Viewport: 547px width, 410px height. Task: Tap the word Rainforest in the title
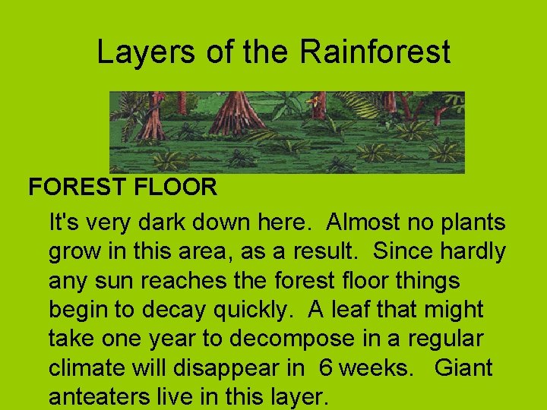tap(375, 52)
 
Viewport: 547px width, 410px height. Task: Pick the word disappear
tap(241, 368)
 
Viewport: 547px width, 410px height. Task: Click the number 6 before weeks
tap(326, 368)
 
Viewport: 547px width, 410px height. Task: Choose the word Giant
tap(464, 368)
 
